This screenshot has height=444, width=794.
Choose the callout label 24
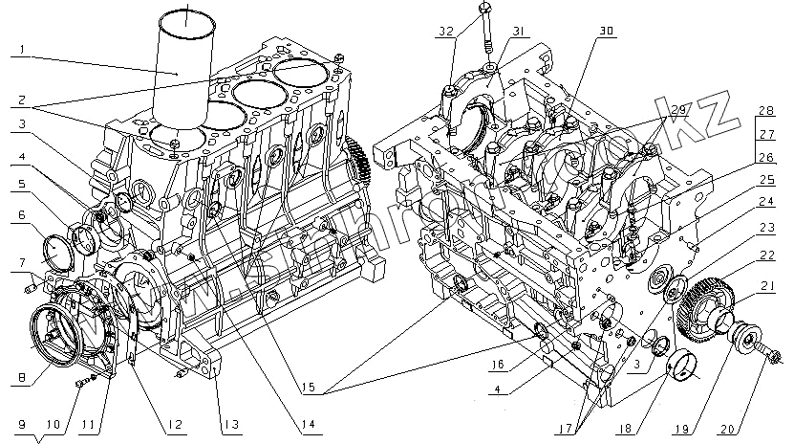click(x=767, y=201)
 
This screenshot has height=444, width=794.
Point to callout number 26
click(x=767, y=157)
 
